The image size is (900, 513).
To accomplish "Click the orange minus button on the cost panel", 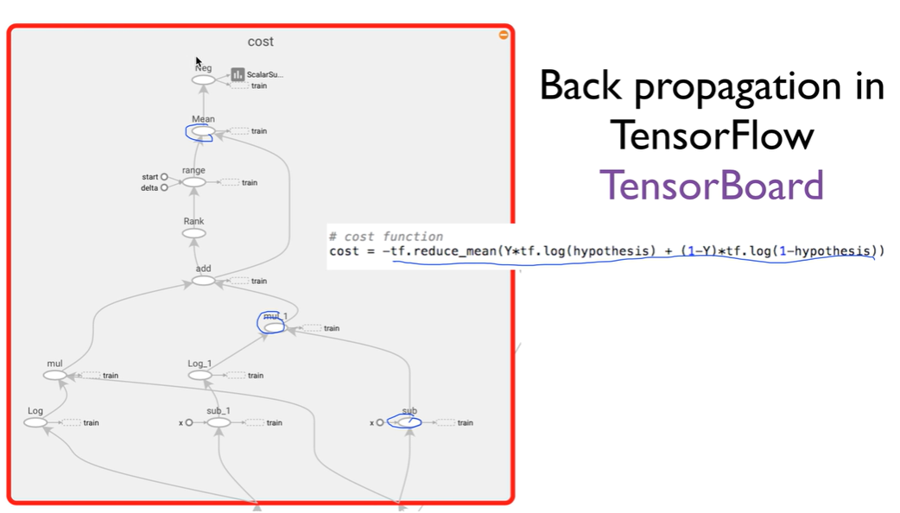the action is (x=504, y=35).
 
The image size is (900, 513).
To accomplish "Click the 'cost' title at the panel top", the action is (x=260, y=41).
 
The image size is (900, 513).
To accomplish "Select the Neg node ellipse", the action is (x=204, y=80).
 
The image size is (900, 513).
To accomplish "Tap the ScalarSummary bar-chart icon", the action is (x=238, y=75).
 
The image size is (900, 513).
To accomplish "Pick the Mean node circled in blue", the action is (x=201, y=131).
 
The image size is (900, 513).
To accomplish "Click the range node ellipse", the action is (x=194, y=182).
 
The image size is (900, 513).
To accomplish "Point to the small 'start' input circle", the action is (x=164, y=177).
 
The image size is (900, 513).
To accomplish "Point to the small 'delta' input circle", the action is (x=164, y=187).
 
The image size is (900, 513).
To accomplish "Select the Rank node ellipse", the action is (x=194, y=233).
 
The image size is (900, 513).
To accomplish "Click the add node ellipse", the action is (x=203, y=281).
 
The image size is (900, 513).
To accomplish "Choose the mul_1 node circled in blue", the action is (x=274, y=327).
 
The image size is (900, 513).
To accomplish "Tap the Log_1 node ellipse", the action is (x=200, y=376).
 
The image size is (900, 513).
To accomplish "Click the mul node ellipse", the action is (x=55, y=376).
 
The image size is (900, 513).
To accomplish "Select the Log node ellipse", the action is (x=35, y=422).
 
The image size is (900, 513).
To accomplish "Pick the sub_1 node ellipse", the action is (x=219, y=422).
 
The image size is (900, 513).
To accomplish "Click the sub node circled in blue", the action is (x=405, y=422).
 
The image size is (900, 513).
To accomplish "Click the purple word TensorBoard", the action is (x=712, y=184).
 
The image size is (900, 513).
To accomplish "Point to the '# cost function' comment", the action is (x=386, y=236).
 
